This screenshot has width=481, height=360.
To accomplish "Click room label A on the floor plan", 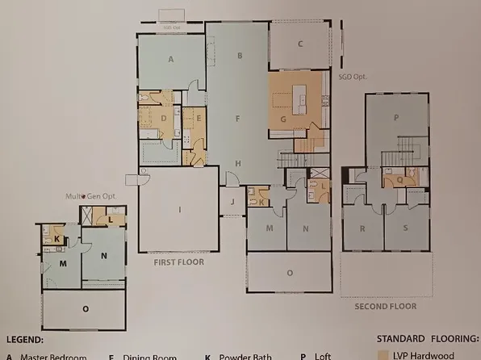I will (171, 59).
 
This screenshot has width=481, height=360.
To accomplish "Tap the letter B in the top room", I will (240, 56).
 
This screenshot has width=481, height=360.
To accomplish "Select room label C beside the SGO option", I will (299, 44).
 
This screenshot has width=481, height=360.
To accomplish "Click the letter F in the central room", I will (238, 119).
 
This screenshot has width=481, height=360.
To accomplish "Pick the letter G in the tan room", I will (283, 119).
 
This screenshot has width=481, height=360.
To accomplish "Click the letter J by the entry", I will (232, 202).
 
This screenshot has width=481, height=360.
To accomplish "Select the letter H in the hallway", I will (237, 163).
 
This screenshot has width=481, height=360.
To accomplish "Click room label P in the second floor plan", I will (396, 118).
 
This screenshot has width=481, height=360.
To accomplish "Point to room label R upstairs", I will (363, 228).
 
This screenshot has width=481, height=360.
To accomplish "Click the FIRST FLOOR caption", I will (179, 262).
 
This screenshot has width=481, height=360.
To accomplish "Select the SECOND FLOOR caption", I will (386, 306).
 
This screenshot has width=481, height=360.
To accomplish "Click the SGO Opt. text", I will (353, 77).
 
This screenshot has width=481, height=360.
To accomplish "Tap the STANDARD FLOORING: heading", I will (428, 340).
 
